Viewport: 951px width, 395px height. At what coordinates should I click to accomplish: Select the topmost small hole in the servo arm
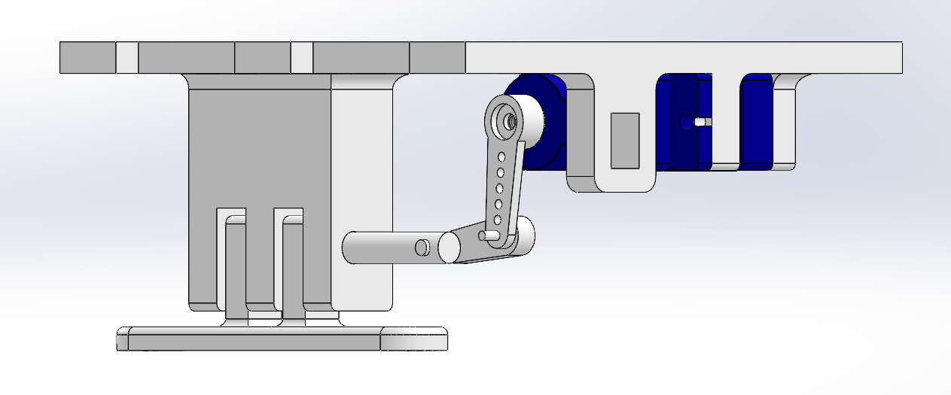click(x=502, y=157)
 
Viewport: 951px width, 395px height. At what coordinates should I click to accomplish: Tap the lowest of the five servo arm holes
click(x=497, y=220)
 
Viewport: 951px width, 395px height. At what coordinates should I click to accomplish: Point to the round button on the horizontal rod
click(x=422, y=246)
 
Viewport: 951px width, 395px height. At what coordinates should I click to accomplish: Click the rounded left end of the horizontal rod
click(x=349, y=248)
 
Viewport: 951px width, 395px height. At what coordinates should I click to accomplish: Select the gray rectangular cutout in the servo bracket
click(x=624, y=140)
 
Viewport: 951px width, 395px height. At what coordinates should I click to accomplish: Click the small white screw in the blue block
click(x=702, y=122)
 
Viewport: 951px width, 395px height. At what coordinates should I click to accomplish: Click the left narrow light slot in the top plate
click(x=127, y=58)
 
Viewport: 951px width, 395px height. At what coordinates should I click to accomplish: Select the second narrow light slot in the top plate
click(x=301, y=58)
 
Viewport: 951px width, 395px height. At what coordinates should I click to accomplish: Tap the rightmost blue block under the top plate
click(x=756, y=120)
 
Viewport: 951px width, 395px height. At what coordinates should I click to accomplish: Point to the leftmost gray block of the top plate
click(x=87, y=58)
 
